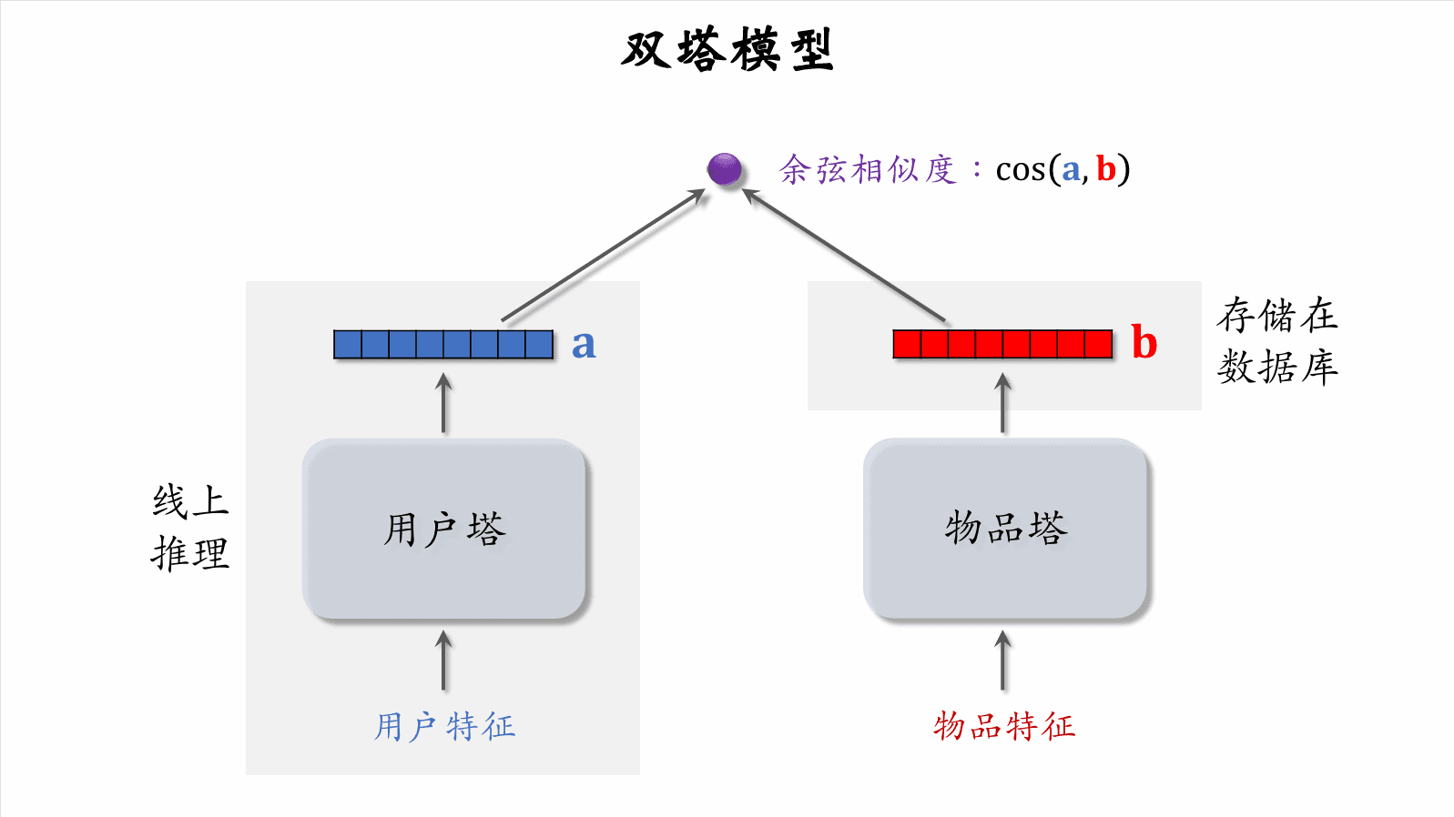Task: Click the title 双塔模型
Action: (x=727, y=50)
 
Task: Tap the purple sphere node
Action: (x=725, y=169)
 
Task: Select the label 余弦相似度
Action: (x=868, y=170)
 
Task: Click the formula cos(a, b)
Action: (x=1063, y=170)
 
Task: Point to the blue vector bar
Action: (x=443, y=345)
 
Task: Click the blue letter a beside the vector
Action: (x=584, y=345)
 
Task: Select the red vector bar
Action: (x=1002, y=345)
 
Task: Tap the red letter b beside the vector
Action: (x=1144, y=344)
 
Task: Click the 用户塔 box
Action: (x=444, y=530)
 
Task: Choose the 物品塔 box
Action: (x=1005, y=529)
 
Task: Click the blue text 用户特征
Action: (x=444, y=727)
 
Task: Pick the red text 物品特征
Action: (x=1004, y=726)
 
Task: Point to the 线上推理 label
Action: (x=190, y=528)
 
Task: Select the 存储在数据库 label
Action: (x=1277, y=341)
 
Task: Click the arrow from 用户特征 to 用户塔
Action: (x=444, y=661)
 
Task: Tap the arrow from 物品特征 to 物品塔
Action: (x=1003, y=661)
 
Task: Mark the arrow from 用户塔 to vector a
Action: (x=444, y=404)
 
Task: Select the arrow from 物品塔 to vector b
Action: (x=1003, y=404)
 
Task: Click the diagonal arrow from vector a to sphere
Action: (x=604, y=256)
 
